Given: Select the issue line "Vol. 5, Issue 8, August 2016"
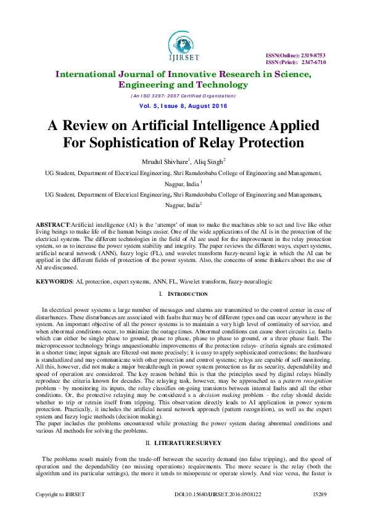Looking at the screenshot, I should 183,106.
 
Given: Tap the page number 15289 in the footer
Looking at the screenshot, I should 320,511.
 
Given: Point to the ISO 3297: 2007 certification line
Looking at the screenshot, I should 183,96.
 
